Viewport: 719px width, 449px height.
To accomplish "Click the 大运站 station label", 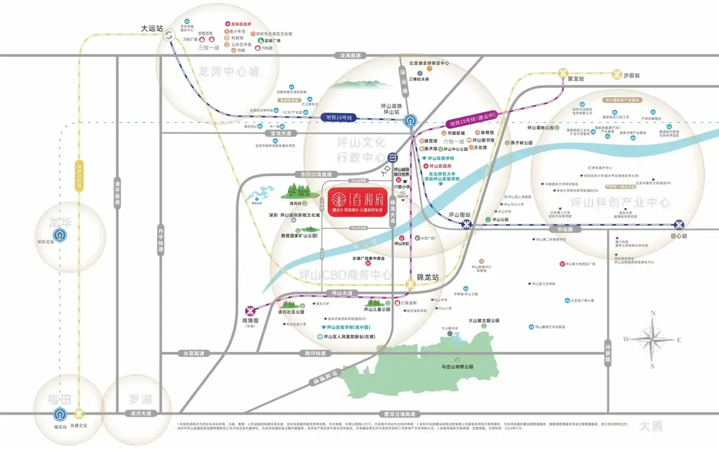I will [152, 28].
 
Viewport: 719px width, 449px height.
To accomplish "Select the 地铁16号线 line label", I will [339, 118].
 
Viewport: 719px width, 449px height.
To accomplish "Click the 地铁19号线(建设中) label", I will [472, 120].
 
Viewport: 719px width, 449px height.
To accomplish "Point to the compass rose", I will [653, 339].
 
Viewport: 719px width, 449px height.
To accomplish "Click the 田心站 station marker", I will [679, 225].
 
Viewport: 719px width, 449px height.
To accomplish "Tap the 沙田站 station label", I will [632, 75].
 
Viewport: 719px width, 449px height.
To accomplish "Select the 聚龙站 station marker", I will [563, 73].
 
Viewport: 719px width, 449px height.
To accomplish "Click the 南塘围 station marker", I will [250, 311].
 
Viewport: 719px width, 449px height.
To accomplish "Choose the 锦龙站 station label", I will [428, 277].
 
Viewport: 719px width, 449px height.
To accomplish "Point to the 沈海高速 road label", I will [350, 55].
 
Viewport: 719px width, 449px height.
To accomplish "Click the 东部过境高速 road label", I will [316, 174].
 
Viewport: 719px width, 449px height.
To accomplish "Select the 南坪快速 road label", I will [315, 354].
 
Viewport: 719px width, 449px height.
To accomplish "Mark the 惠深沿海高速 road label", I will [400, 414].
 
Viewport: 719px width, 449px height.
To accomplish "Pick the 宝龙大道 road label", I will [281, 133].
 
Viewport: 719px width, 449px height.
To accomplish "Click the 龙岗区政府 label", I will [241, 24].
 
